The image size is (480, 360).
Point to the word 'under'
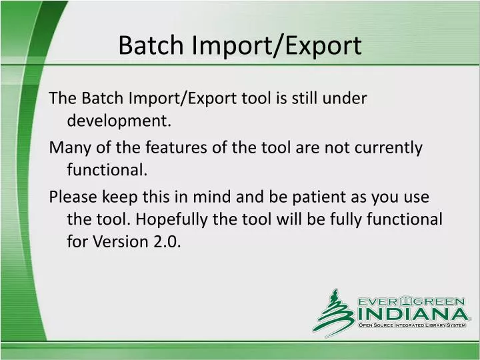coord(347,99)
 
